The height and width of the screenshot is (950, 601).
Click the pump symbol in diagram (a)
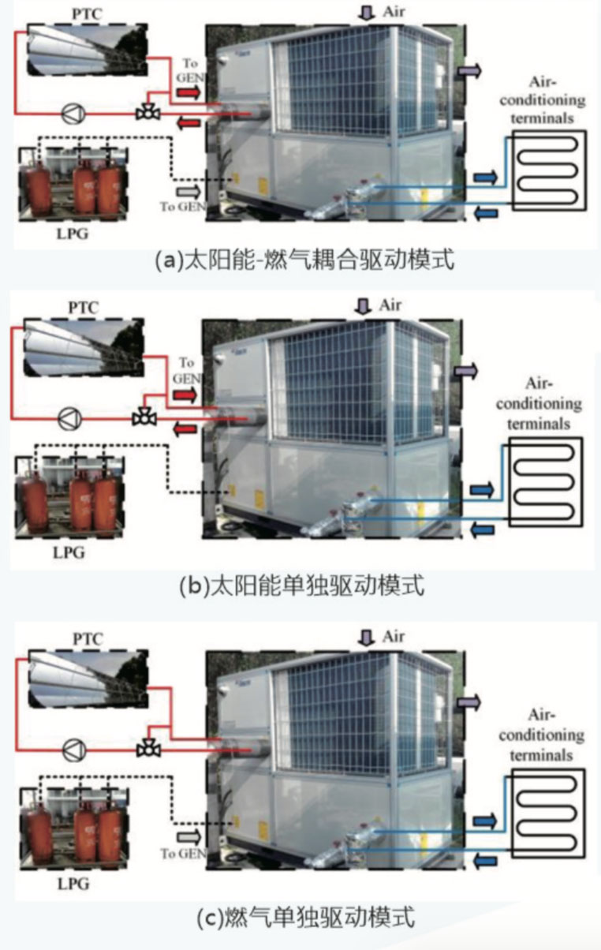pos(72,113)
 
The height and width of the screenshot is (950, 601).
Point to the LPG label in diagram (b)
pos(69,552)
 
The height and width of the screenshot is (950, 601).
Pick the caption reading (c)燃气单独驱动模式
pos(304,918)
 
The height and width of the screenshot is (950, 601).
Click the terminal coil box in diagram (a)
pos(549,170)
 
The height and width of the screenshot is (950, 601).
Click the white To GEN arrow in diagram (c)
pos(187,836)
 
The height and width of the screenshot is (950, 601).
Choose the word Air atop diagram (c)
pos(394,636)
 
